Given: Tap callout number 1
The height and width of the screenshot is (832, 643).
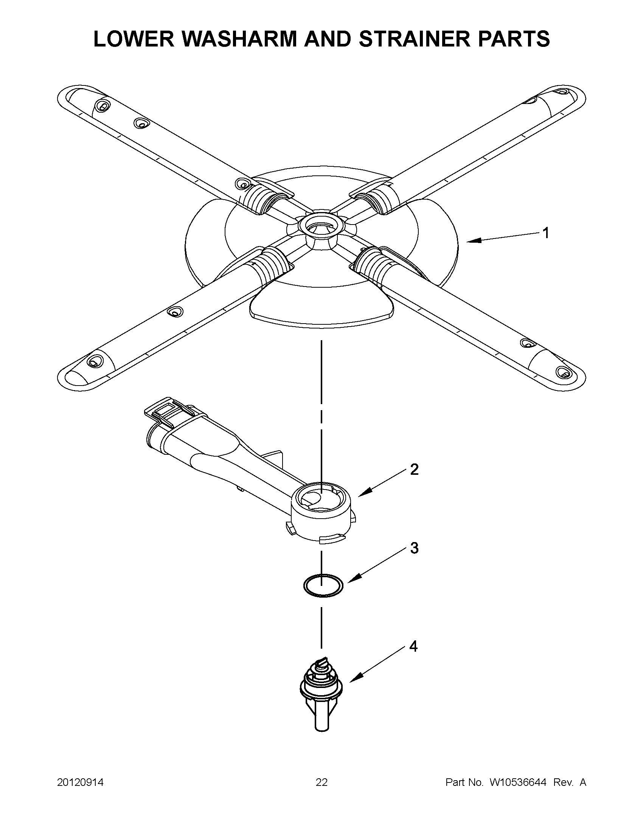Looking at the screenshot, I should coord(545,233).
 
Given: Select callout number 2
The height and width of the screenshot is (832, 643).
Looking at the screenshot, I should coord(414,469).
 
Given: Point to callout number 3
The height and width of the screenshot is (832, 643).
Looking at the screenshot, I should coord(414,548).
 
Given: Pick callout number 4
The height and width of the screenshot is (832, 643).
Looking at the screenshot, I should coord(413,646).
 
